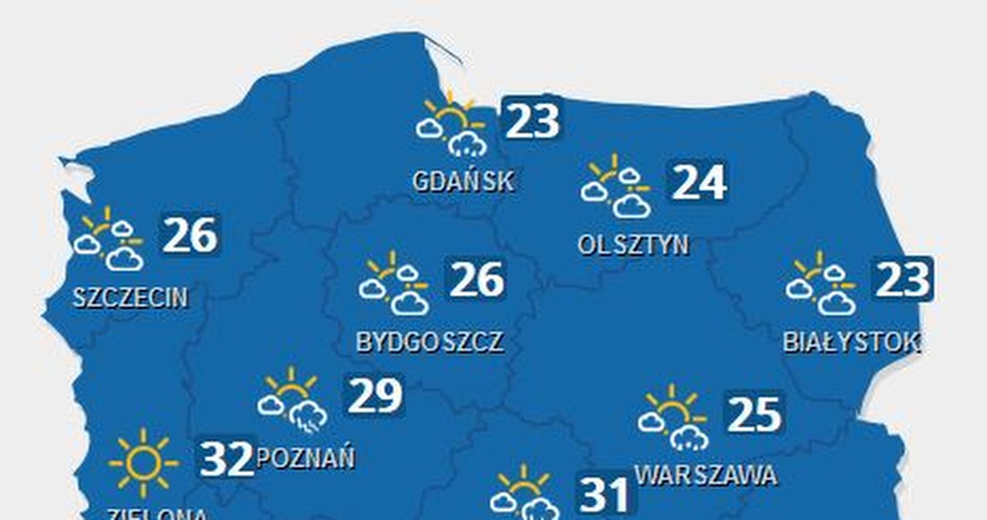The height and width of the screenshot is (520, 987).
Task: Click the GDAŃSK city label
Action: [463, 181]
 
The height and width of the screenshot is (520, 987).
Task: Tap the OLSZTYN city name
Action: [633, 245]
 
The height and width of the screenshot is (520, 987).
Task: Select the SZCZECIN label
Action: [130, 297]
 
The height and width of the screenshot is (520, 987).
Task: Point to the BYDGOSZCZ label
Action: [430, 341]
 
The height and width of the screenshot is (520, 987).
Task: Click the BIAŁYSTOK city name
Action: [851, 341]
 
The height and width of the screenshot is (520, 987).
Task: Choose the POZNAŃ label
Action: [305, 458]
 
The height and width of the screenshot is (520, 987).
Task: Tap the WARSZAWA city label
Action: [706, 474]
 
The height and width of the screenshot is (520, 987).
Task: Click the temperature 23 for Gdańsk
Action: [532, 120]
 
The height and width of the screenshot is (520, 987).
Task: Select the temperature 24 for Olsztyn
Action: [699, 182]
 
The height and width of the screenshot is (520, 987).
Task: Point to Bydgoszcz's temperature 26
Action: [477, 279]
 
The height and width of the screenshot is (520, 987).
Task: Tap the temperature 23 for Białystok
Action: [903, 279]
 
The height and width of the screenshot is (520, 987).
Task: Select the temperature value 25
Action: [755, 414]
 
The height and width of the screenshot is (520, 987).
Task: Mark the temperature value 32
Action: [227, 458]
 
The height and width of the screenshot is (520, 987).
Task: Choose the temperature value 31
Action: [605, 495]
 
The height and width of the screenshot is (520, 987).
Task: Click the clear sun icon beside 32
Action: [143, 463]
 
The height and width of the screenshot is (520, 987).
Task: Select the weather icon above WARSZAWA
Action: [673, 418]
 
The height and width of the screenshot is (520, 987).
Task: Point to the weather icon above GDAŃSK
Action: [452, 127]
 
